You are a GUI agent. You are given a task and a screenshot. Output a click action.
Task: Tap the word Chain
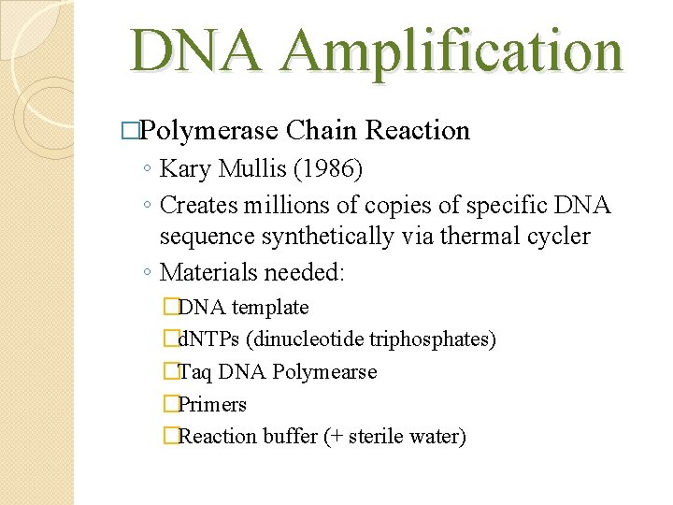[322, 130]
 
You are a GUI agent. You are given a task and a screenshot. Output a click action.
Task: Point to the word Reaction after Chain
[418, 130]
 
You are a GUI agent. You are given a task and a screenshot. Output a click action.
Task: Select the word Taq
[194, 371]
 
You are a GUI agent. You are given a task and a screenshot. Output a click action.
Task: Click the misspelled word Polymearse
[324, 371]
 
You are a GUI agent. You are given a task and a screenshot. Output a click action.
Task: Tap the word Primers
[212, 404]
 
